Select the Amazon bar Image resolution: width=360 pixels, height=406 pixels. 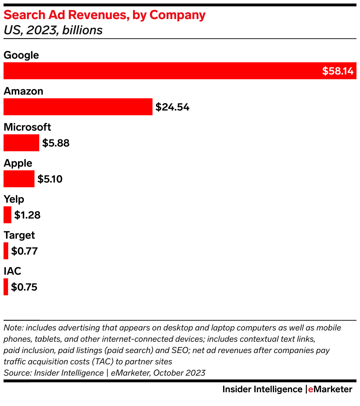click(x=78, y=107)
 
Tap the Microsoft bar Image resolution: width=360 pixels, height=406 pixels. click(x=21, y=143)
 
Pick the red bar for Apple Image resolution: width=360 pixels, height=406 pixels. click(x=19, y=179)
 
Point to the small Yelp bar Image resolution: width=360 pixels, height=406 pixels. click(x=7, y=215)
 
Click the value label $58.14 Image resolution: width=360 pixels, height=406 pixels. click(x=337, y=71)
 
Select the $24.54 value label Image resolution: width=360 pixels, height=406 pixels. click(x=173, y=107)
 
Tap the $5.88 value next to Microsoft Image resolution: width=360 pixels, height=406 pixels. click(x=56, y=143)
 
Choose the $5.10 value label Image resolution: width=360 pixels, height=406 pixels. click(x=50, y=179)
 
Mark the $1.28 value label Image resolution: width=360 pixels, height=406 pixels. click(x=27, y=215)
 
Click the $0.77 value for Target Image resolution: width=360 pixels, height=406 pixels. click(x=24, y=251)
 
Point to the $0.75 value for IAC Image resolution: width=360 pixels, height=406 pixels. click(x=24, y=287)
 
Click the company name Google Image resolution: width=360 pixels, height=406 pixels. click(x=21, y=55)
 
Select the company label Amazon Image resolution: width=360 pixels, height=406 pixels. click(x=23, y=91)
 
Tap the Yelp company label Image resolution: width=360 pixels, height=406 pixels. click(x=14, y=199)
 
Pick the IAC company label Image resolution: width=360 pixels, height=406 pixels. click(x=12, y=271)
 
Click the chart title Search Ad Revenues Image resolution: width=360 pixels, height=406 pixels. click(x=104, y=15)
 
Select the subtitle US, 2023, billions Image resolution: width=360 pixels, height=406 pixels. click(x=53, y=30)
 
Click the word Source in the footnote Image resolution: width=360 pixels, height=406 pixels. click(x=17, y=373)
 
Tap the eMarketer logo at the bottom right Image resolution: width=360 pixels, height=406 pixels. click(x=330, y=389)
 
